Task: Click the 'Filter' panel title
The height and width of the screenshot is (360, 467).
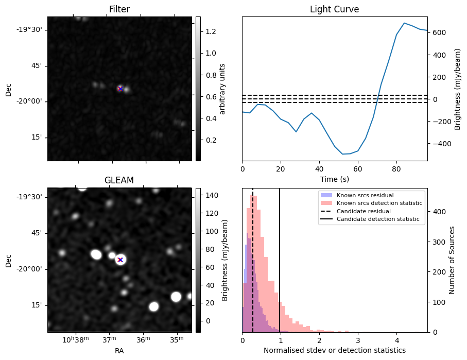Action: (x=119, y=9)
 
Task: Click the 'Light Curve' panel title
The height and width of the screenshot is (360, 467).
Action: (x=334, y=9)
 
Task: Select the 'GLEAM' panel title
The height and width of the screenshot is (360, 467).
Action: (x=119, y=180)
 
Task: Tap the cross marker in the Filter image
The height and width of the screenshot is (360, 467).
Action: (x=120, y=89)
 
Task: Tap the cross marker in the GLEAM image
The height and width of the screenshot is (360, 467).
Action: (x=120, y=260)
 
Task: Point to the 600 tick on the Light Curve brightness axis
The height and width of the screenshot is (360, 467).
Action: (x=439, y=32)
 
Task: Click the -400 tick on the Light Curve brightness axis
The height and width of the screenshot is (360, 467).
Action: (x=439, y=143)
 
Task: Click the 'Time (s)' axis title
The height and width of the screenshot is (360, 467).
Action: (x=334, y=179)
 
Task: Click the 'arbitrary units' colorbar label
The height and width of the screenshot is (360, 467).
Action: (x=222, y=89)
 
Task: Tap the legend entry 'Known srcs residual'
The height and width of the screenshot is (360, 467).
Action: (x=365, y=196)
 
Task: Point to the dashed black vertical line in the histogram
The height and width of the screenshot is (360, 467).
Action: (x=253, y=258)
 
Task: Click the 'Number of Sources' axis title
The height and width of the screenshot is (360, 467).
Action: (x=452, y=260)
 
